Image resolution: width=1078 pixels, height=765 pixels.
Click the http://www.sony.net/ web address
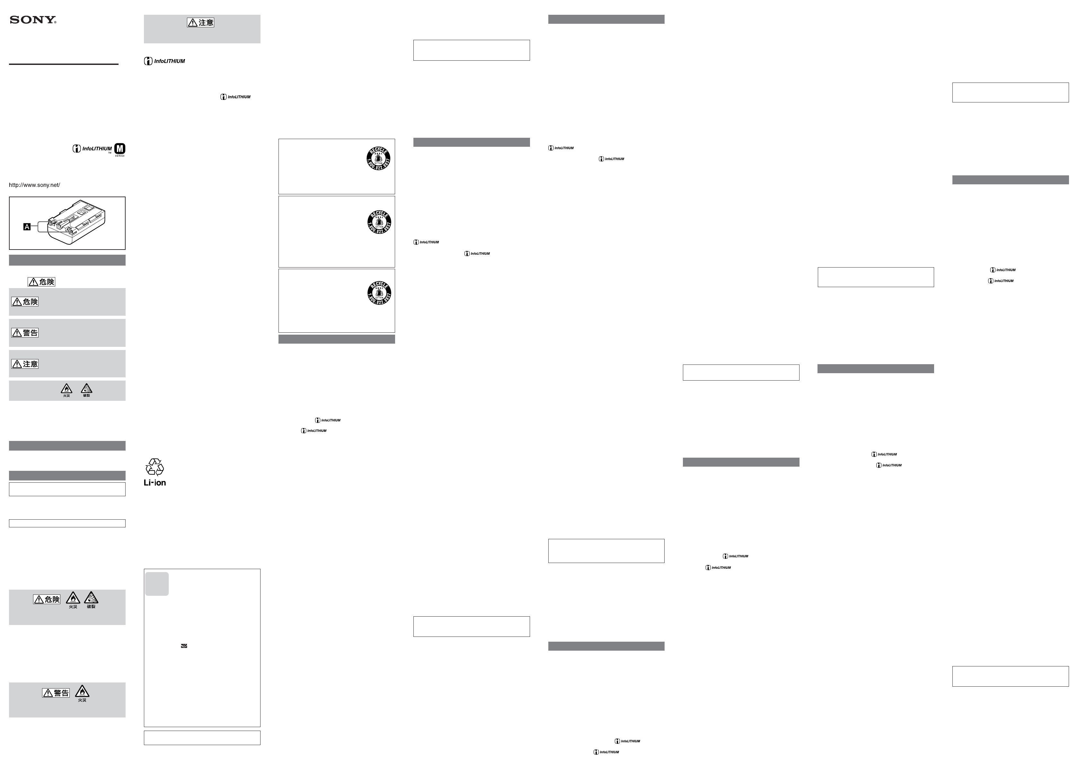[x=34, y=185]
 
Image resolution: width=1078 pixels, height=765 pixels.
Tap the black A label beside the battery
[x=27, y=227]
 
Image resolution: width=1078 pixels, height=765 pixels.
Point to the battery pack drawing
[x=75, y=223]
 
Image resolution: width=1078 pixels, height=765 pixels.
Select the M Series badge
[x=120, y=149]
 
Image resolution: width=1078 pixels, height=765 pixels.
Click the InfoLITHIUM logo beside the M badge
[x=92, y=149]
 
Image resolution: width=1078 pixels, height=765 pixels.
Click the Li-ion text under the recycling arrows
[x=155, y=483]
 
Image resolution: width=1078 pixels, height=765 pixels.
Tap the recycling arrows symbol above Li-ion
[x=155, y=467]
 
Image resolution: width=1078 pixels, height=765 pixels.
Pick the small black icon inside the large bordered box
[x=184, y=646]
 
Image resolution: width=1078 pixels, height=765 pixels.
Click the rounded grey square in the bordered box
[x=157, y=584]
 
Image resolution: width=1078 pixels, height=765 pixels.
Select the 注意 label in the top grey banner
[x=201, y=22]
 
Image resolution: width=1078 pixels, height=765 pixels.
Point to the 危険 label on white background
[x=41, y=282]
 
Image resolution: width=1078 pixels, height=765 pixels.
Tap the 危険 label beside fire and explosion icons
[x=47, y=599]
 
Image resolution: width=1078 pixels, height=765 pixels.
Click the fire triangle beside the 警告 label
[x=82, y=691]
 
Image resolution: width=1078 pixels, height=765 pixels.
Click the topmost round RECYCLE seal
[x=378, y=158]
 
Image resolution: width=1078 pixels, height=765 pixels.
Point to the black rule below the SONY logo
[x=64, y=64]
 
